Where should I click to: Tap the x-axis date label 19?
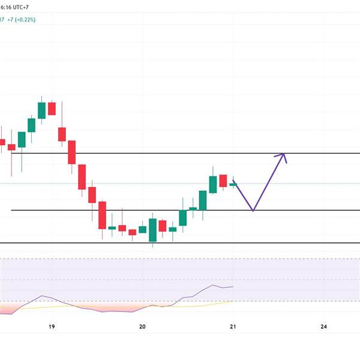(x=52, y=326)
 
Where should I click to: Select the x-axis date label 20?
(x=142, y=326)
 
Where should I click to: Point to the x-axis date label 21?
(x=233, y=326)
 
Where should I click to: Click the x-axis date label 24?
(x=323, y=326)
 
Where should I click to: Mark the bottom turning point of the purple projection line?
(x=253, y=210)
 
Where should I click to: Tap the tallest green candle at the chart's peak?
(x=41, y=110)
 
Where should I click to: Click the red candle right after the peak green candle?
(x=52, y=109)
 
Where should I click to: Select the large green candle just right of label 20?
(x=152, y=230)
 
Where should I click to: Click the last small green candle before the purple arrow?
(x=233, y=184)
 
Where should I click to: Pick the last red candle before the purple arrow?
(x=223, y=181)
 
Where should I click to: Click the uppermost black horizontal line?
(x=180, y=154)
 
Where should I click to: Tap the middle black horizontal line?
(x=180, y=210)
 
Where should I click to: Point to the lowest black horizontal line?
(x=180, y=243)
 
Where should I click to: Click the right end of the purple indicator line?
(x=232, y=287)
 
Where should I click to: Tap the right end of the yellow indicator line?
(x=232, y=302)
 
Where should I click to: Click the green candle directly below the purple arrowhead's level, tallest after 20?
(x=213, y=184)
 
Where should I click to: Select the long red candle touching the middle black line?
(x=102, y=215)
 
